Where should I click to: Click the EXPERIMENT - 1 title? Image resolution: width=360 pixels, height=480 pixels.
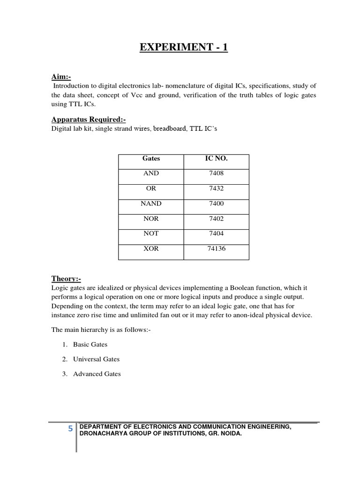(180, 48)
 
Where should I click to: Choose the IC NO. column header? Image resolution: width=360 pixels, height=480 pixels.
(216, 159)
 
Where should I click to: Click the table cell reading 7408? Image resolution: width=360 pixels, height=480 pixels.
(216, 173)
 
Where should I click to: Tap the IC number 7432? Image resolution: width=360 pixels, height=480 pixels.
(216, 188)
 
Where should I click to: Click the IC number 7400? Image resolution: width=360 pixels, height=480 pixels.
(216, 203)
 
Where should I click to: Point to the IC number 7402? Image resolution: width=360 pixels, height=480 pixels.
(216, 218)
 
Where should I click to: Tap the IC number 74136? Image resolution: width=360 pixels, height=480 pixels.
(216, 248)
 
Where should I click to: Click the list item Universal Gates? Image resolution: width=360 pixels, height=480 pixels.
(96, 359)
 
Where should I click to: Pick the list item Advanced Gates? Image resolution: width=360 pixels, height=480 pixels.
(97, 374)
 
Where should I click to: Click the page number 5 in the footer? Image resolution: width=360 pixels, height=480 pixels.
(70, 428)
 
